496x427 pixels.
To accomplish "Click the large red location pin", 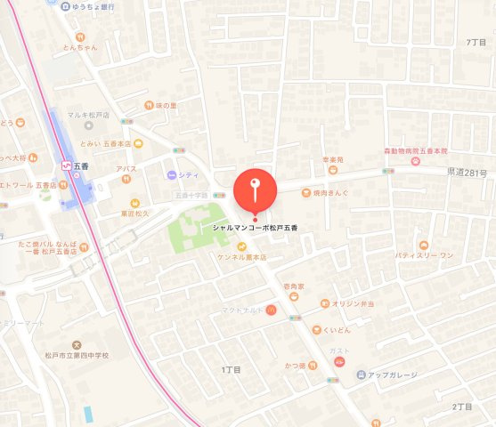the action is (x=256, y=189).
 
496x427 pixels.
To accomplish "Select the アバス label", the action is (x=126, y=167).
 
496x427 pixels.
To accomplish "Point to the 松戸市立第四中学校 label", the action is (x=77, y=356).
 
